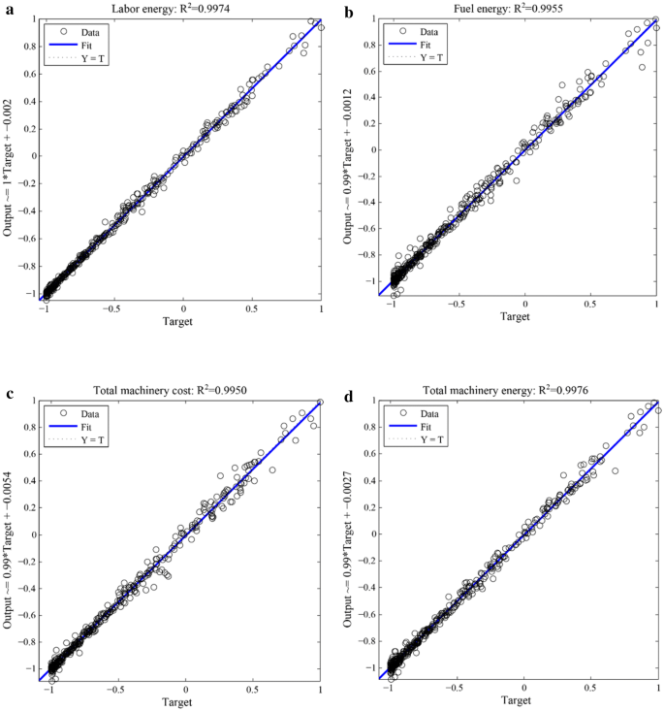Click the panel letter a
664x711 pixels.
(8, 12)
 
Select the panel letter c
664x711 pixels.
(8, 393)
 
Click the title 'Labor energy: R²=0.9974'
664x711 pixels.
(181, 10)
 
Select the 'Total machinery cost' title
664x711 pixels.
(181, 390)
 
